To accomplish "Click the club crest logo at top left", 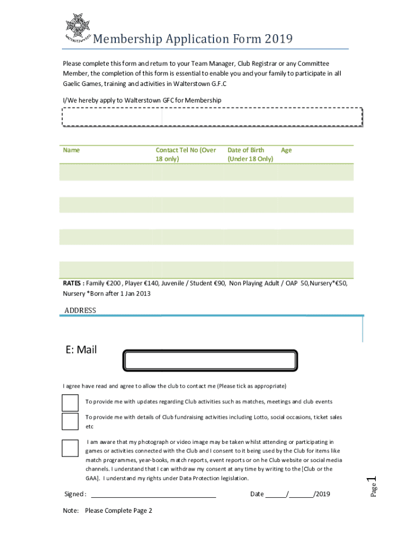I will coord(77,27).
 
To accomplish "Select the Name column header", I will coord(72,150).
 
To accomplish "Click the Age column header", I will coord(286,150).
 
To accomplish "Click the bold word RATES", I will coord(73,284).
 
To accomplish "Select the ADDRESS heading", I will coord(80,310).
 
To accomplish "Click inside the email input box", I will coord(210,361).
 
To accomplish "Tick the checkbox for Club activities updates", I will coord(70,403).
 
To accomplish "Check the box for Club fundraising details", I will coord(70,421).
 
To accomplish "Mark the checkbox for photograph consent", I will coord(70,448).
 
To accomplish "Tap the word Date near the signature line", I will coord(257,494).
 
